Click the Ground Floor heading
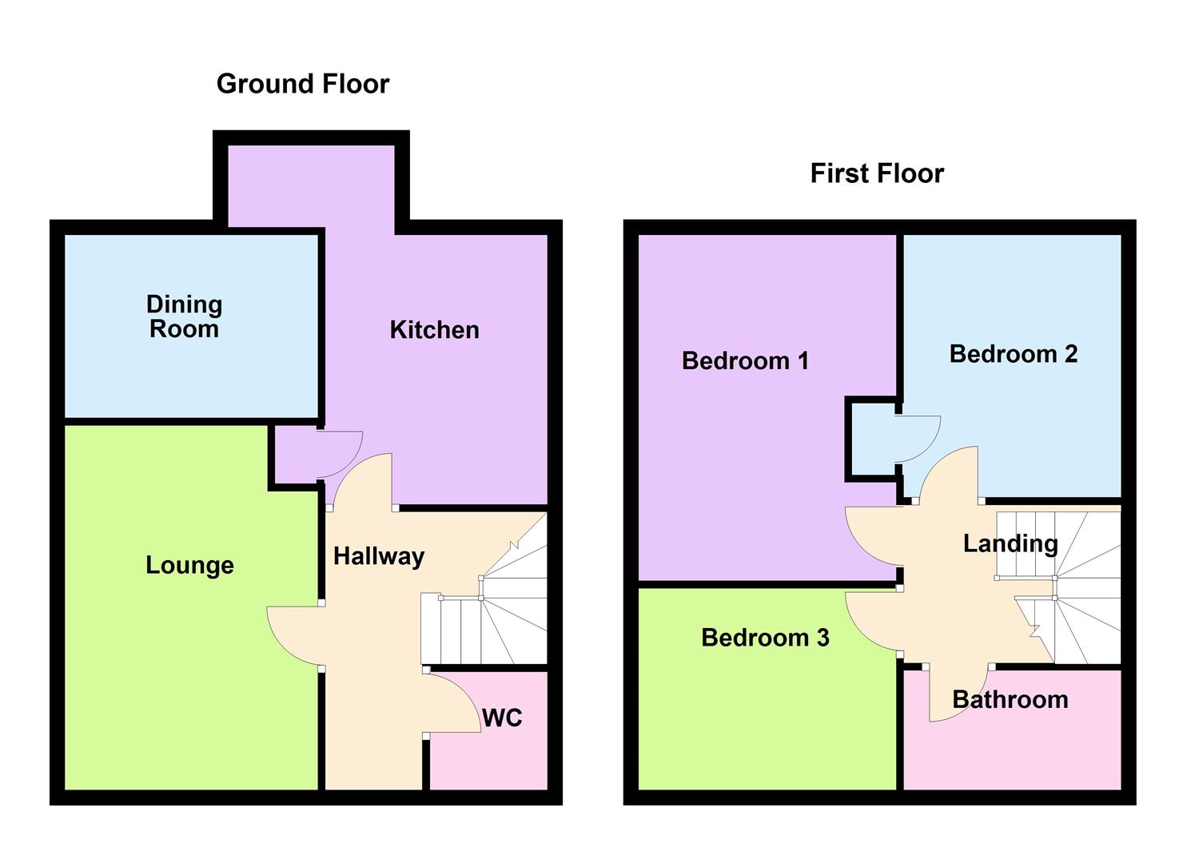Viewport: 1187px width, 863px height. [303, 84]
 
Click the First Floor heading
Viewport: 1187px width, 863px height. [877, 173]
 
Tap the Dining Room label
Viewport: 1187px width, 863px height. [185, 316]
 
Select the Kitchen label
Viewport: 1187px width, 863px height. [434, 330]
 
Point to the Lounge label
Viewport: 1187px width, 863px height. [189, 566]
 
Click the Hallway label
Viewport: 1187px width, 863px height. [378, 556]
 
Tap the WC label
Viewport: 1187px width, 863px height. [502, 718]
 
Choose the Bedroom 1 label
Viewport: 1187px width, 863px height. [745, 361]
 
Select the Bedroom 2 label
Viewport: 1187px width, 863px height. [1013, 354]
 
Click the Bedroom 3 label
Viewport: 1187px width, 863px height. [765, 638]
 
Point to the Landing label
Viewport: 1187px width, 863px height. [1010, 544]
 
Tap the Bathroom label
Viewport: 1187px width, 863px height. [1010, 700]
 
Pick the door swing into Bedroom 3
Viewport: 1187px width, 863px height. [871, 623]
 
